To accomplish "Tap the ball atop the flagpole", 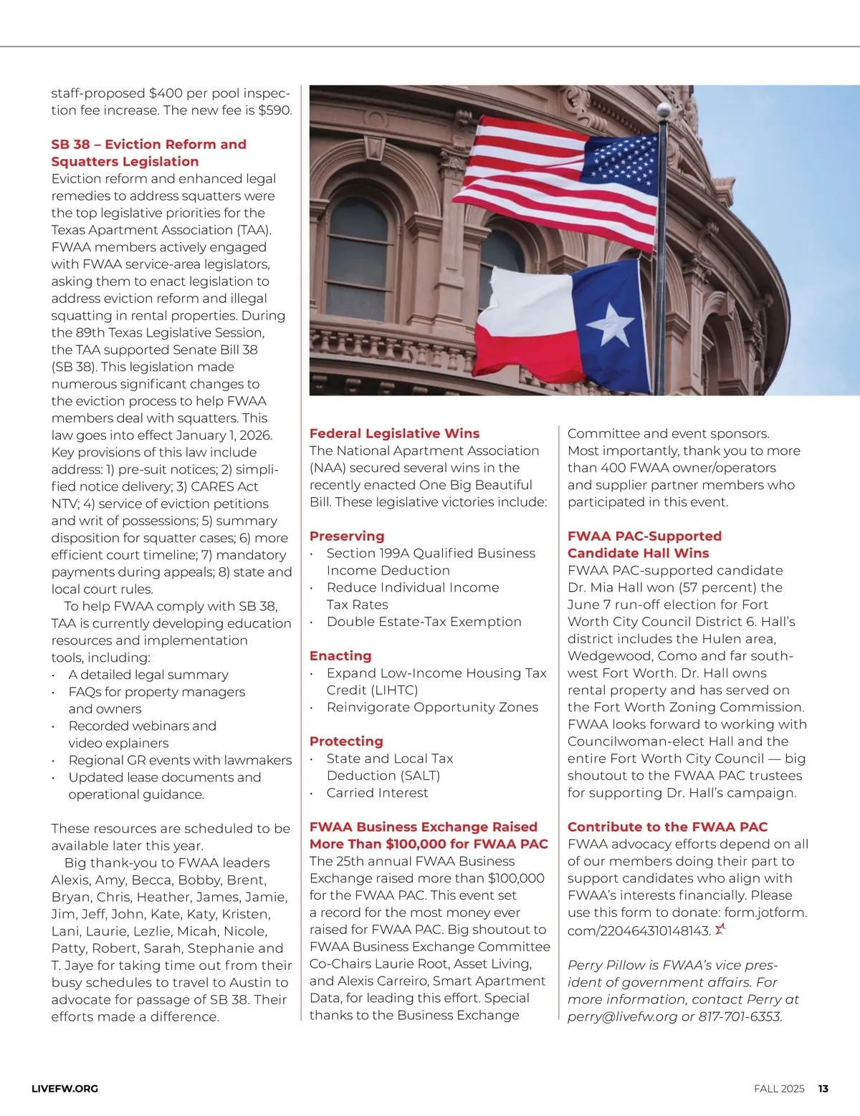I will click(x=664, y=110).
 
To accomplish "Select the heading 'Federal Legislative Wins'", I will click(x=394, y=433).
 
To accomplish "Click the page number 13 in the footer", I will click(x=823, y=1089).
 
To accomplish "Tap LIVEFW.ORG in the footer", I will click(x=65, y=1089).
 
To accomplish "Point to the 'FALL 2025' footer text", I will click(x=779, y=1089).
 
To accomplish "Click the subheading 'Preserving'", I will click(x=347, y=536).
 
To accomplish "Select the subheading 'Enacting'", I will click(x=340, y=655).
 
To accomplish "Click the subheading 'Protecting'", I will click(x=346, y=741).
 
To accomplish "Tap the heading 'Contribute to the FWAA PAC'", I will click(x=667, y=827).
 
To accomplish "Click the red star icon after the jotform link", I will click(x=720, y=930).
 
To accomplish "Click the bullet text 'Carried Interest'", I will click(x=377, y=793).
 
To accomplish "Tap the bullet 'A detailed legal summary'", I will click(x=148, y=675).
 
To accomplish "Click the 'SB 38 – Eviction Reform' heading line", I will click(x=148, y=145).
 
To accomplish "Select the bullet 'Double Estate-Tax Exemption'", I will click(x=424, y=622).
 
